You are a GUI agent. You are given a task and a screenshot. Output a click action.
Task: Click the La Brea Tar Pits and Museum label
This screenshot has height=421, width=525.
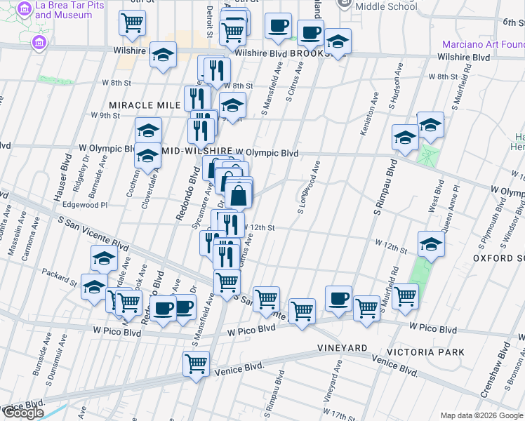(63, 9)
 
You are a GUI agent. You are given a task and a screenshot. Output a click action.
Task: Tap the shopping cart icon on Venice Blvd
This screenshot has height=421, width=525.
(197, 363)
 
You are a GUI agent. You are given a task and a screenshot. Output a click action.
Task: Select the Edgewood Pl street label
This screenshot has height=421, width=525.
(84, 205)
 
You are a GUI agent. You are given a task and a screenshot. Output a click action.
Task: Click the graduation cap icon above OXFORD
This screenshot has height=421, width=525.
(431, 245)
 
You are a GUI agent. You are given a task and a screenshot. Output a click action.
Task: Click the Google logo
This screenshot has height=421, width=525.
(22, 413)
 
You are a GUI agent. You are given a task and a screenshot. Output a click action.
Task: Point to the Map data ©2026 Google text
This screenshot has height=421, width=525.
(481, 415)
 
